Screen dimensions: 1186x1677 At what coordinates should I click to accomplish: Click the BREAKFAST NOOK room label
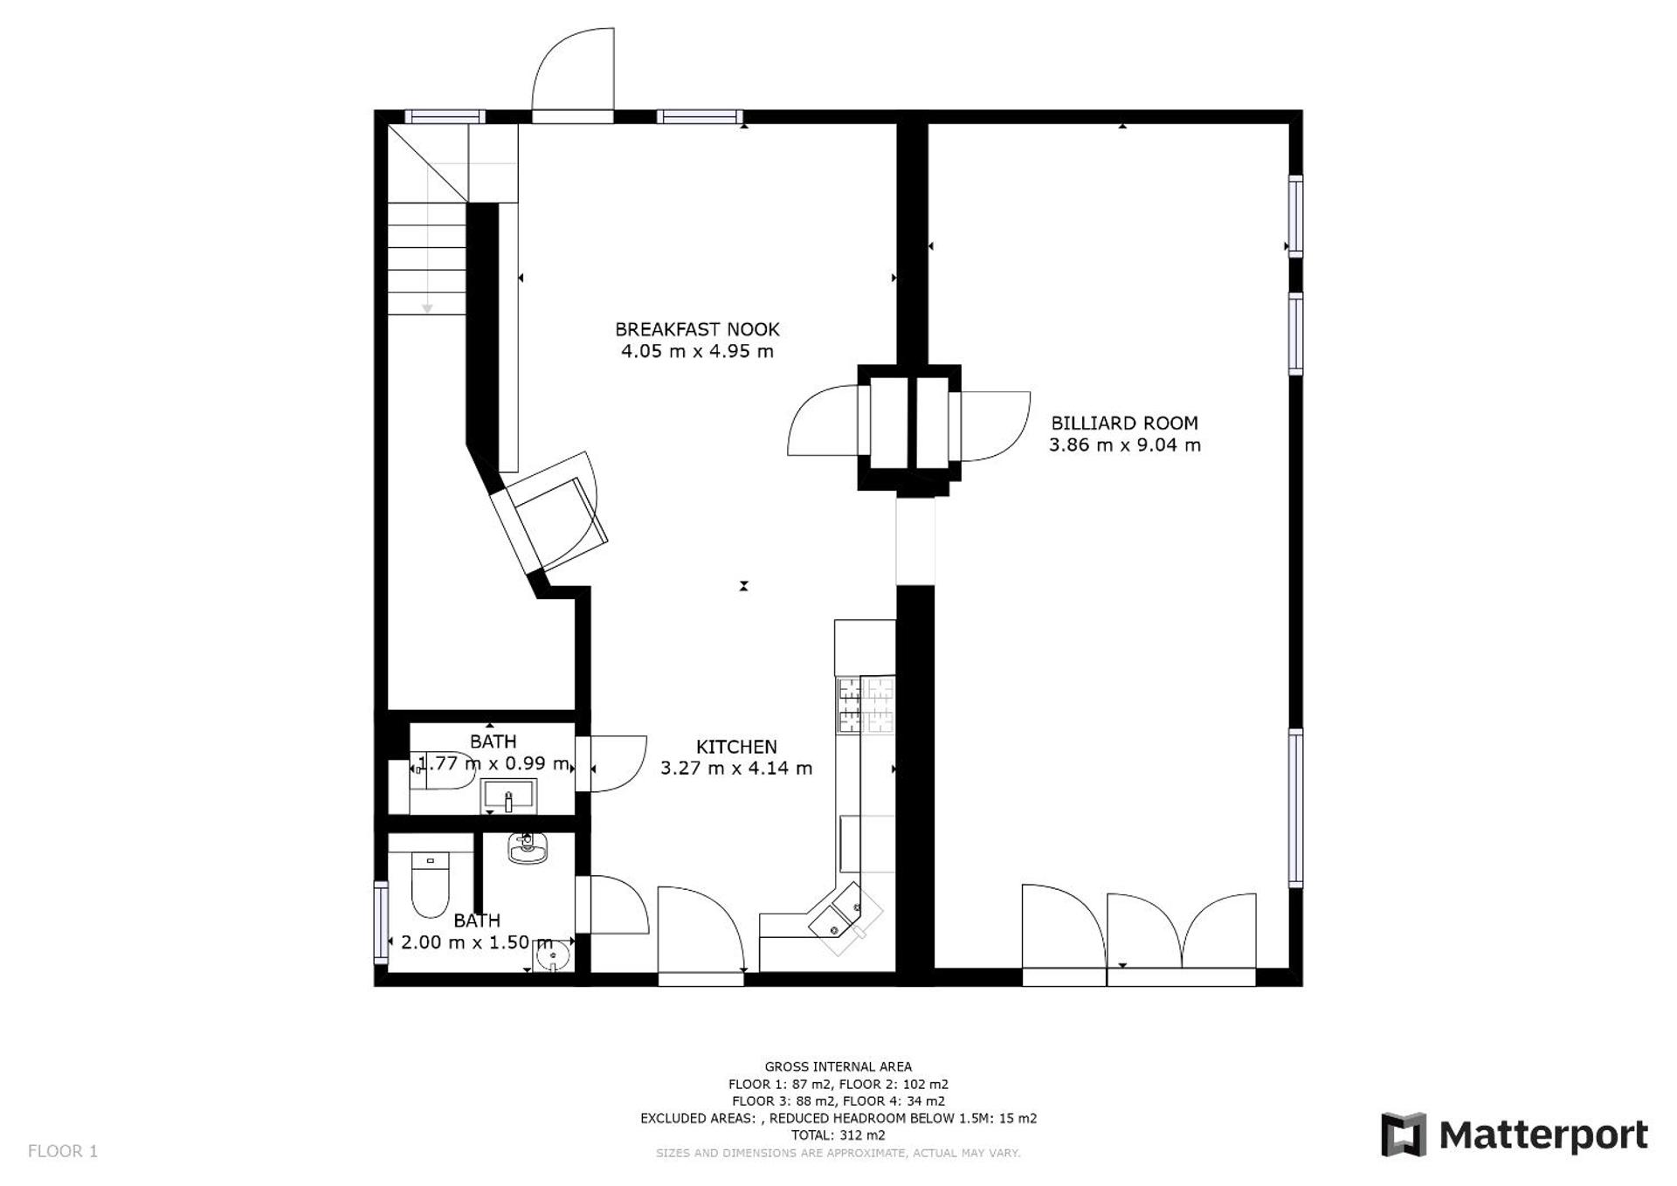(696, 329)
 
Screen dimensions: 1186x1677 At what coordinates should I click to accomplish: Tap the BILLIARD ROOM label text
(1124, 423)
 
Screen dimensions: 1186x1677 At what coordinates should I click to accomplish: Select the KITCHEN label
(736, 747)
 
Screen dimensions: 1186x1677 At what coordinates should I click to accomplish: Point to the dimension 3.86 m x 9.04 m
(1124, 445)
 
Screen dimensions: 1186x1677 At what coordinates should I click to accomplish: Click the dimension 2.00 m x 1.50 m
(477, 942)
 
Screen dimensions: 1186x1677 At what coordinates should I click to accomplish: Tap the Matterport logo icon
(1403, 1134)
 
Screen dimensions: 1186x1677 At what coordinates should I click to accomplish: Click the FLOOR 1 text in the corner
(63, 1151)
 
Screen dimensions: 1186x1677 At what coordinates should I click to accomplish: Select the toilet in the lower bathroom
(430, 884)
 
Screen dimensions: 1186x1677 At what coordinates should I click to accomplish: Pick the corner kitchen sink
(844, 916)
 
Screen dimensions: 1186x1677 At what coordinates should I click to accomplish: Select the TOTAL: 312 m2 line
(838, 1135)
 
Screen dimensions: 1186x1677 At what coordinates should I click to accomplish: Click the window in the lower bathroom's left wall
(381, 921)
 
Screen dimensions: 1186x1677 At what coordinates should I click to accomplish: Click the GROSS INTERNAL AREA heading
(838, 1066)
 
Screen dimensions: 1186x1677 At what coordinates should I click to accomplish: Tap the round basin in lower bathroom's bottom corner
(552, 959)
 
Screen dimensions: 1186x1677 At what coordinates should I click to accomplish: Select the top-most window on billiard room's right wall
(1296, 215)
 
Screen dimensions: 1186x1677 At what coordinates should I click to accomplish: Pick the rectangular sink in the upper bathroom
(508, 796)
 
